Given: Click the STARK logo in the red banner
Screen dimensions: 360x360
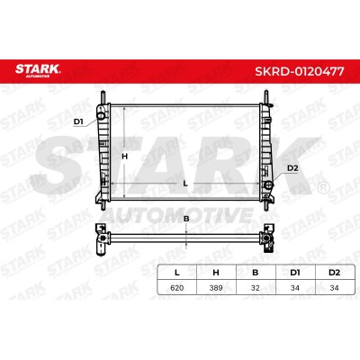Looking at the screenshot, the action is pyautogui.click(x=38, y=70).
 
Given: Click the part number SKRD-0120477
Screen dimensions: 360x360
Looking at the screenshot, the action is pyautogui.click(x=299, y=71).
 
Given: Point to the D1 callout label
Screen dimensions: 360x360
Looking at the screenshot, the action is pyautogui.click(x=78, y=121).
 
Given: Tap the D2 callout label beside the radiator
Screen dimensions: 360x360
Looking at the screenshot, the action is pyautogui.click(x=292, y=168).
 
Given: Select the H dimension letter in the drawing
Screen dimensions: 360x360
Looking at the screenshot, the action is pyautogui.click(x=124, y=157).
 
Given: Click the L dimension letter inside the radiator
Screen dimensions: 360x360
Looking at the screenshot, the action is pyautogui.click(x=185, y=184).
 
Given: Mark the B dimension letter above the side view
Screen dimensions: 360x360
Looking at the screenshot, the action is pyautogui.click(x=186, y=219).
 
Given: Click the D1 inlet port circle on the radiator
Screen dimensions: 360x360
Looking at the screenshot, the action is pyautogui.click(x=101, y=115).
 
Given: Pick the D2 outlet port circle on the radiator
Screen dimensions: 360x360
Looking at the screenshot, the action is pyautogui.click(x=269, y=185).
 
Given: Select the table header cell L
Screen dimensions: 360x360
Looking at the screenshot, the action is pyautogui.click(x=177, y=273).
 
